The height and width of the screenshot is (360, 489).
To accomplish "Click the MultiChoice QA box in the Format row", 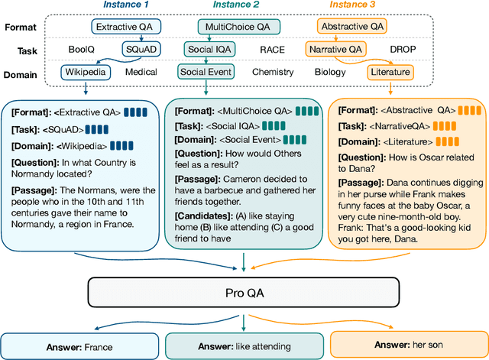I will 237,27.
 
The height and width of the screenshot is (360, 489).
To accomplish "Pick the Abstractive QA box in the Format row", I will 351,27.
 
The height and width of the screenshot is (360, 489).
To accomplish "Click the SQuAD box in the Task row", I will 142,50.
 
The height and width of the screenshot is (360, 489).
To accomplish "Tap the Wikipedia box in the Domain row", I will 86,73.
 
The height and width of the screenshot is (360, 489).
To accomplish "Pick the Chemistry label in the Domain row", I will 273,73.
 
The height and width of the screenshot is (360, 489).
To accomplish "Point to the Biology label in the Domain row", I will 330,73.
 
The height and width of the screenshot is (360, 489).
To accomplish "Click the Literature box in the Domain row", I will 389,73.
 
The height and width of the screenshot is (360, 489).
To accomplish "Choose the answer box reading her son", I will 408,345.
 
